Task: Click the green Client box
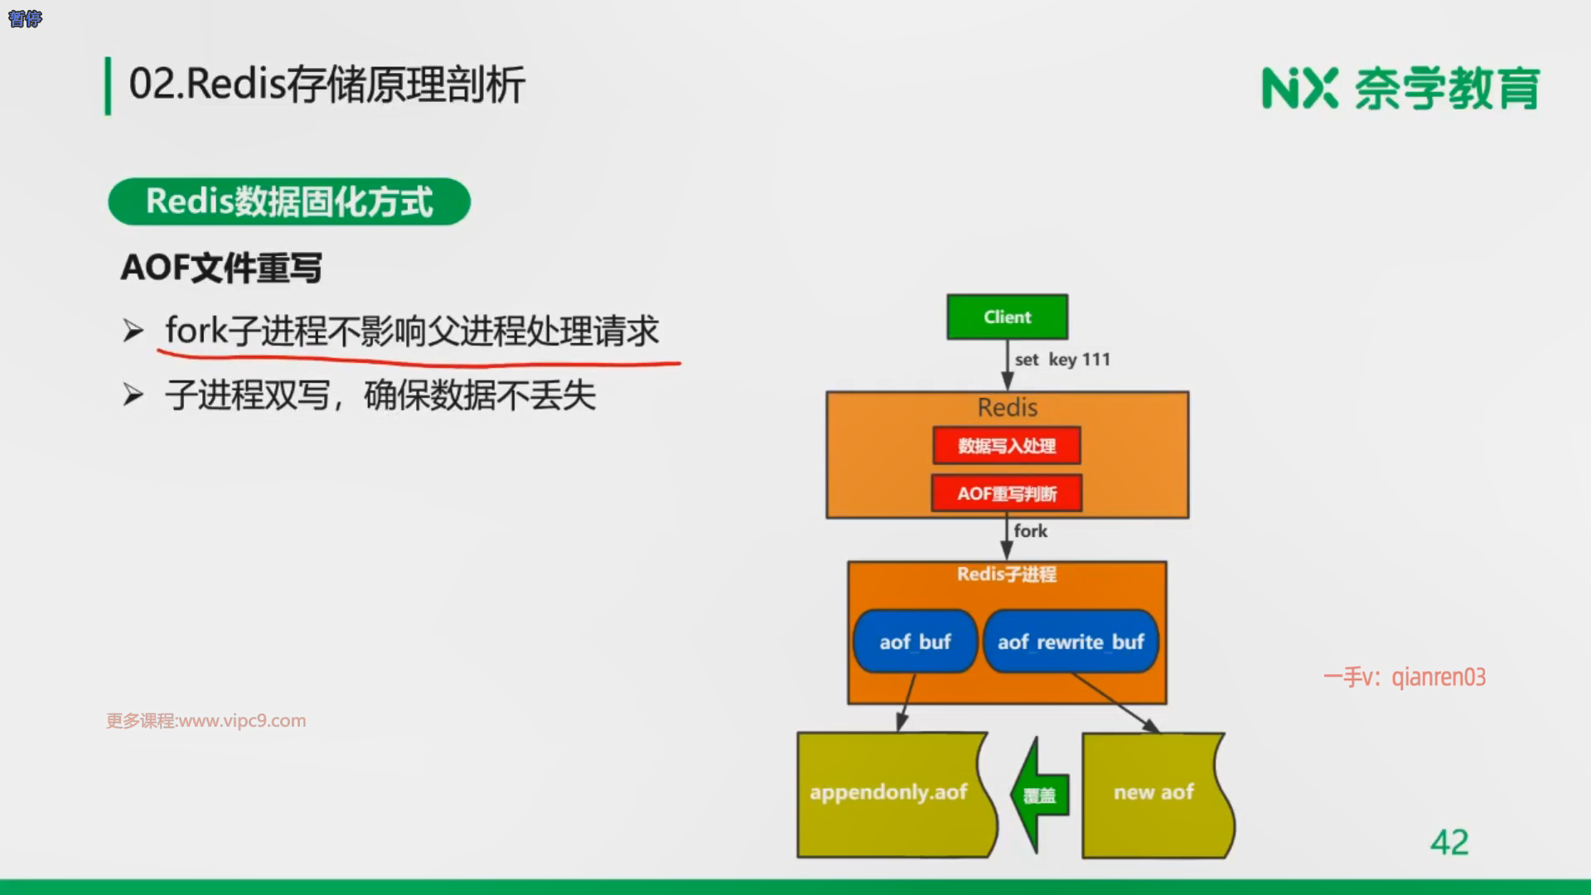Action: [x=1007, y=317]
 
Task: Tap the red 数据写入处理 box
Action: [x=1007, y=446]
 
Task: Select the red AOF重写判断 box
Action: [x=1007, y=493]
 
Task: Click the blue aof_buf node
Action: [x=915, y=641]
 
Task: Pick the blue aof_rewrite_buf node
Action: [x=1071, y=641]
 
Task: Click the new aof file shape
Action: [x=1154, y=793]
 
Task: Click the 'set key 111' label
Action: [x=1062, y=360]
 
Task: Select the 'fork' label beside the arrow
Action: [x=1031, y=531]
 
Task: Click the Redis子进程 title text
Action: [x=1007, y=574]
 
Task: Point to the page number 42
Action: [x=1449, y=843]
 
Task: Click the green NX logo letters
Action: [x=1299, y=89]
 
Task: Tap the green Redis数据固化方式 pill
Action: [x=289, y=201]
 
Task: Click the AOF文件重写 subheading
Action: [x=221, y=268]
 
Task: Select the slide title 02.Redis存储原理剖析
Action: [x=327, y=85]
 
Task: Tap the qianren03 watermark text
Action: [x=1439, y=677]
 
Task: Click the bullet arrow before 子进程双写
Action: [x=133, y=395]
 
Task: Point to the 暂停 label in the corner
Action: [x=25, y=18]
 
